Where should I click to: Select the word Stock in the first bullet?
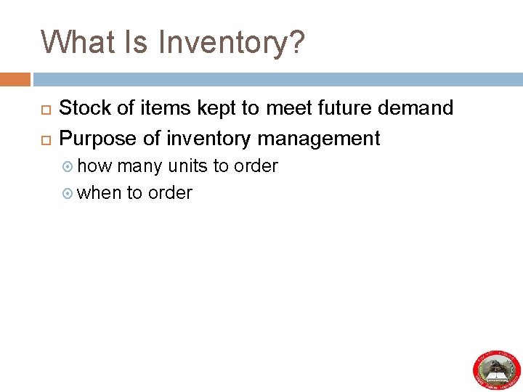tap(84, 108)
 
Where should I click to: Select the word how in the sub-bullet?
tap(94, 166)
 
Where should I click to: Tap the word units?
tap(187, 166)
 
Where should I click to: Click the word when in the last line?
tap(99, 192)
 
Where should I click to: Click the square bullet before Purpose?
tap(45, 139)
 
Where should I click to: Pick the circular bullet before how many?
tap(69, 167)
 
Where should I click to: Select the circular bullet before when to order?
tap(69, 193)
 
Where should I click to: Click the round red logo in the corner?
tap(497, 369)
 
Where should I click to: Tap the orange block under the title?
tap(15, 78)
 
